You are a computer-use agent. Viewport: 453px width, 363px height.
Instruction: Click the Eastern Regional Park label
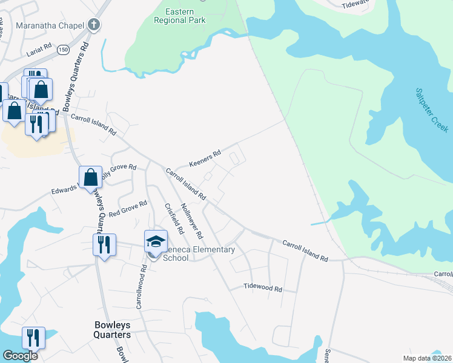[x=185, y=16]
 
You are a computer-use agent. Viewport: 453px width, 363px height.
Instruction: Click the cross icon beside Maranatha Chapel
[x=93, y=25]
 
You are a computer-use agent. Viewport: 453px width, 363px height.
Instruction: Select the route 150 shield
[x=62, y=51]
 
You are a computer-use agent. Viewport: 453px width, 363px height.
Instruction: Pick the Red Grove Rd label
[x=128, y=208]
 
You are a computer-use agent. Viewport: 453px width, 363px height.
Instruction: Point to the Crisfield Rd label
[x=174, y=218]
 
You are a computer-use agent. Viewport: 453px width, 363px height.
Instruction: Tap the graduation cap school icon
[x=156, y=241]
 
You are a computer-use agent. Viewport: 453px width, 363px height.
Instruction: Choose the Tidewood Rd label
[x=263, y=288]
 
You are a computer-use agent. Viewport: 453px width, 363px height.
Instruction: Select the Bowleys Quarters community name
[x=112, y=330]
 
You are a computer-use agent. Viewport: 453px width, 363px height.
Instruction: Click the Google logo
[x=20, y=356]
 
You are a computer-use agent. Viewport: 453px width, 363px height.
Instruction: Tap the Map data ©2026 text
[x=428, y=358]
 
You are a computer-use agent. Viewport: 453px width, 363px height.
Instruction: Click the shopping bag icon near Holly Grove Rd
[x=90, y=177]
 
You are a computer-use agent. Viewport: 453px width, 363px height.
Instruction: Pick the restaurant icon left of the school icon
[x=104, y=244]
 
